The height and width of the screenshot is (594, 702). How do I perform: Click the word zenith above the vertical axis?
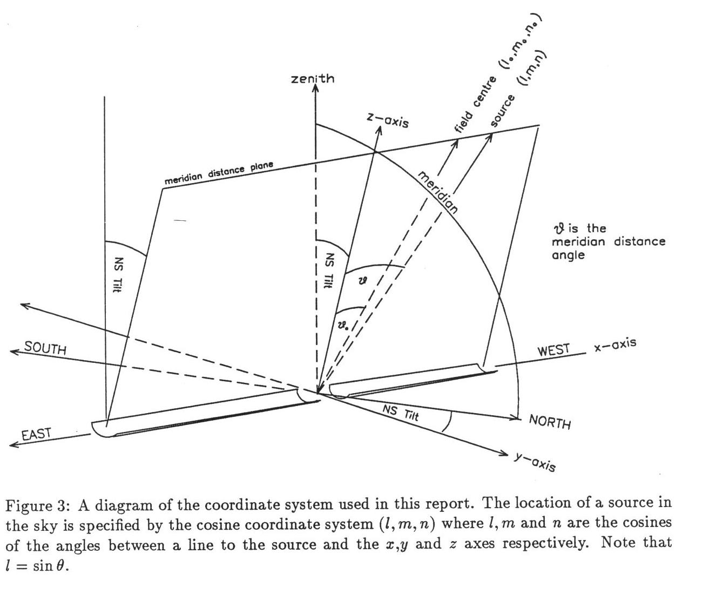click(313, 79)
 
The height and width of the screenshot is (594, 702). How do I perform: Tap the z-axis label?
click(388, 120)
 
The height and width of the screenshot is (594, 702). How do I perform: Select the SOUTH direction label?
click(46, 349)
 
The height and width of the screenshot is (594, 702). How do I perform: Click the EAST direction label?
click(37, 434)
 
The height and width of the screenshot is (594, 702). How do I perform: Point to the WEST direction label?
click(553, 350)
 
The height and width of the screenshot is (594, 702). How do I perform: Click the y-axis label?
click(535, 462)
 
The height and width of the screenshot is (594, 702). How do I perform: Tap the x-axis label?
click(615, 345)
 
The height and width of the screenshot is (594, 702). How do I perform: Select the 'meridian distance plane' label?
click(219, 173)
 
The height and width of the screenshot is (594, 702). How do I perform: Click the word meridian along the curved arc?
click(438, 192)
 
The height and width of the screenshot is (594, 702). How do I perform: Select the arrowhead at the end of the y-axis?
click(504, 454)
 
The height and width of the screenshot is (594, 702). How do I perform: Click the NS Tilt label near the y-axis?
click(401, 413)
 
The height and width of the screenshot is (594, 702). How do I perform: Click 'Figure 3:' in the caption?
click(37, 505)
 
